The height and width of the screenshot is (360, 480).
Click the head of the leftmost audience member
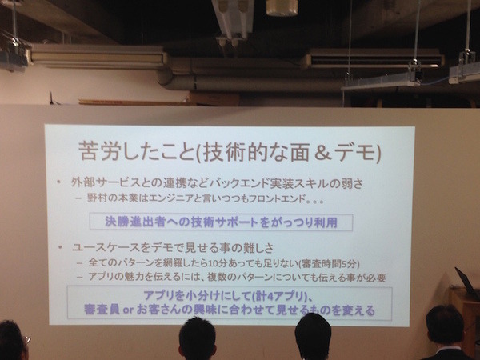11,339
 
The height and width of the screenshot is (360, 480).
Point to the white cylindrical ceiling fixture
282,7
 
